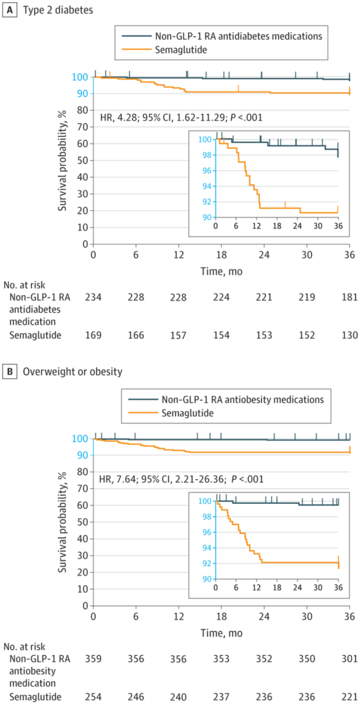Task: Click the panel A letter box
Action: [8, 10]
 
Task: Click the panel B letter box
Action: [8, 372]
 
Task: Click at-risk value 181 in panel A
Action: [349, 297]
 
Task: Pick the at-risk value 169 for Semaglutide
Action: [93, 334]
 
